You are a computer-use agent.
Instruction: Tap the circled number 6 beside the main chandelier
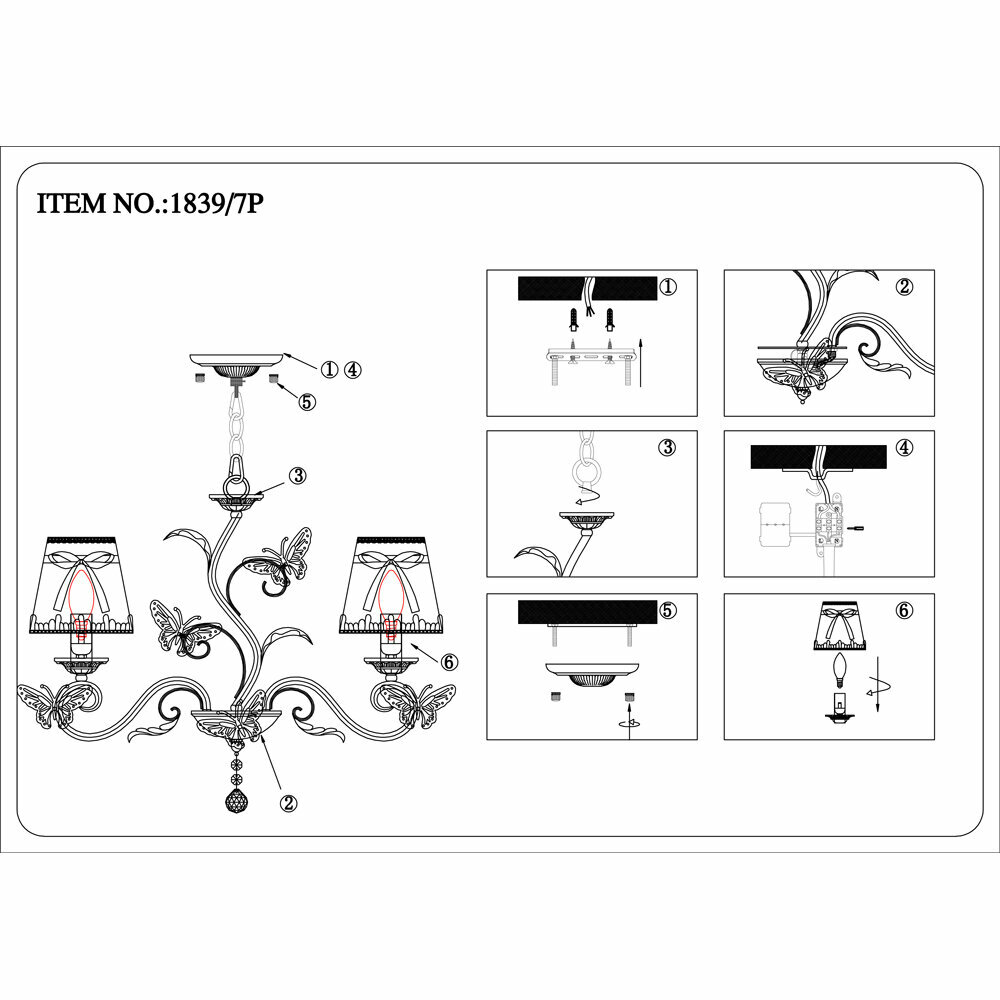coord(447,661)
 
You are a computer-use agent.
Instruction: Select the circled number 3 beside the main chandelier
coord(297,475)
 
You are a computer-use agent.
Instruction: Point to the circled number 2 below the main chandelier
coord(288,801)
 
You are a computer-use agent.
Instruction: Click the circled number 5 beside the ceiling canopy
coord(307,402)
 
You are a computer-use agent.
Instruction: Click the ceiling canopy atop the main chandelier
coord(236,361)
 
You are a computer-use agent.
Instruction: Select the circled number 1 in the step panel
coord(668,287)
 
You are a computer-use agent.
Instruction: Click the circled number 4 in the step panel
coord(905,447)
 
